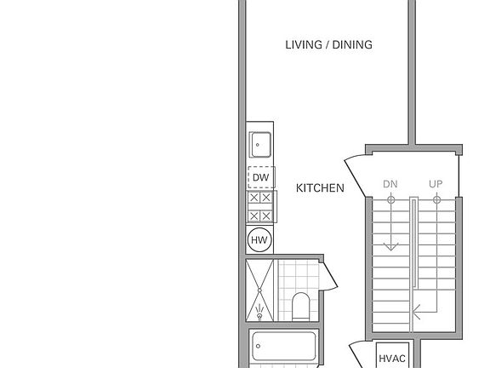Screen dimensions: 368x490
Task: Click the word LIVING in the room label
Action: [x=302, y=45]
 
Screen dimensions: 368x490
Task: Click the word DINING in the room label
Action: [x=352, y=45]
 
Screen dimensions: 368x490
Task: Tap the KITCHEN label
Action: [x=320, y=188]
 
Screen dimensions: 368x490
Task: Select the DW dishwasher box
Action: [x=260, y=178]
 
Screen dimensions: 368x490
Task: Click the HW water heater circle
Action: [x=259, y=241]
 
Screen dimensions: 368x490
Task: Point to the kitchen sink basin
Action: [x=259, y=146]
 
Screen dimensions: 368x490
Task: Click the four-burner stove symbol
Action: [x=260, y=207]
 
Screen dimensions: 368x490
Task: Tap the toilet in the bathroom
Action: [x=301, y=305]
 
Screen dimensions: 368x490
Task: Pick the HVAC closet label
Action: [x=391, y=359]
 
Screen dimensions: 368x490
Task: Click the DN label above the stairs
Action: [x=390, y=184]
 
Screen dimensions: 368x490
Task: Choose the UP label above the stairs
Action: [x=436, y=184]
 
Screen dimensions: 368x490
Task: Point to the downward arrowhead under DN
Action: [x=390, y=247]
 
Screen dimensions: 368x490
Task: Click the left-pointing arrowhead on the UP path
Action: [x=415, y=312]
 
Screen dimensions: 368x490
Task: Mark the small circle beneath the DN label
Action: [x=390, y=200]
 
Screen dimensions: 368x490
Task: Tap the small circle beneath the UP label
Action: [x=436, y=200]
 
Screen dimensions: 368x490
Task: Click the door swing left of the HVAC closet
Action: [x=361, y=353]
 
